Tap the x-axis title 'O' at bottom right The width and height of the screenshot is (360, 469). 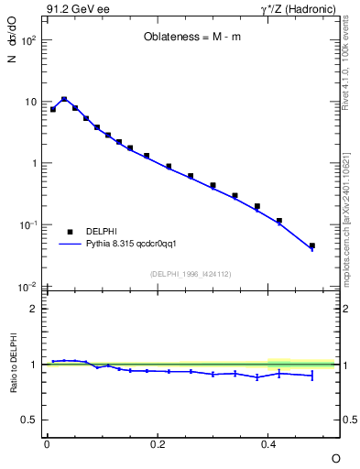[x=335, y=457]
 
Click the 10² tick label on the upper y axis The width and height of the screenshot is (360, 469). [x=30, y=41]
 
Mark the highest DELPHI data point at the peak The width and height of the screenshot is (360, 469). [x=64, y=99]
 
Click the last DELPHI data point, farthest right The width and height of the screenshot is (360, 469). [x=312, y=245]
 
